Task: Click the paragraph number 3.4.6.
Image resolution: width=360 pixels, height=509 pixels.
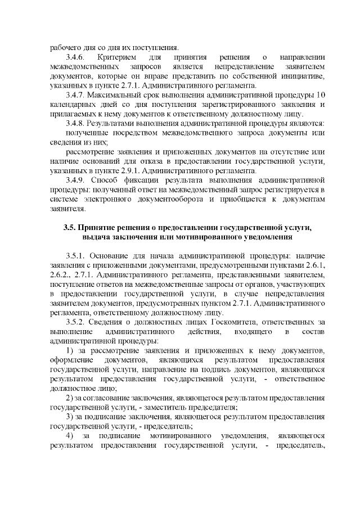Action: [x=75, y=57]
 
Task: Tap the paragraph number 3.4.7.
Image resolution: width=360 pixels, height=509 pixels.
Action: [x=76, y=94]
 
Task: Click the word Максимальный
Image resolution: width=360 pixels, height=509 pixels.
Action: [x=114, y=94]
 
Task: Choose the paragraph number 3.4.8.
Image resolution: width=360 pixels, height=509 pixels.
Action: [x=76, y=123]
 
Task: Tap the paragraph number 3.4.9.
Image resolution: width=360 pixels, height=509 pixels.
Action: [x=76, y=180]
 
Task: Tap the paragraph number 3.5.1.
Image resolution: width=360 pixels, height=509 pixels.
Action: [x=75, y=255]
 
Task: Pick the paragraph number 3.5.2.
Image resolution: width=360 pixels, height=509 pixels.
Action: [x=75, y=322]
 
